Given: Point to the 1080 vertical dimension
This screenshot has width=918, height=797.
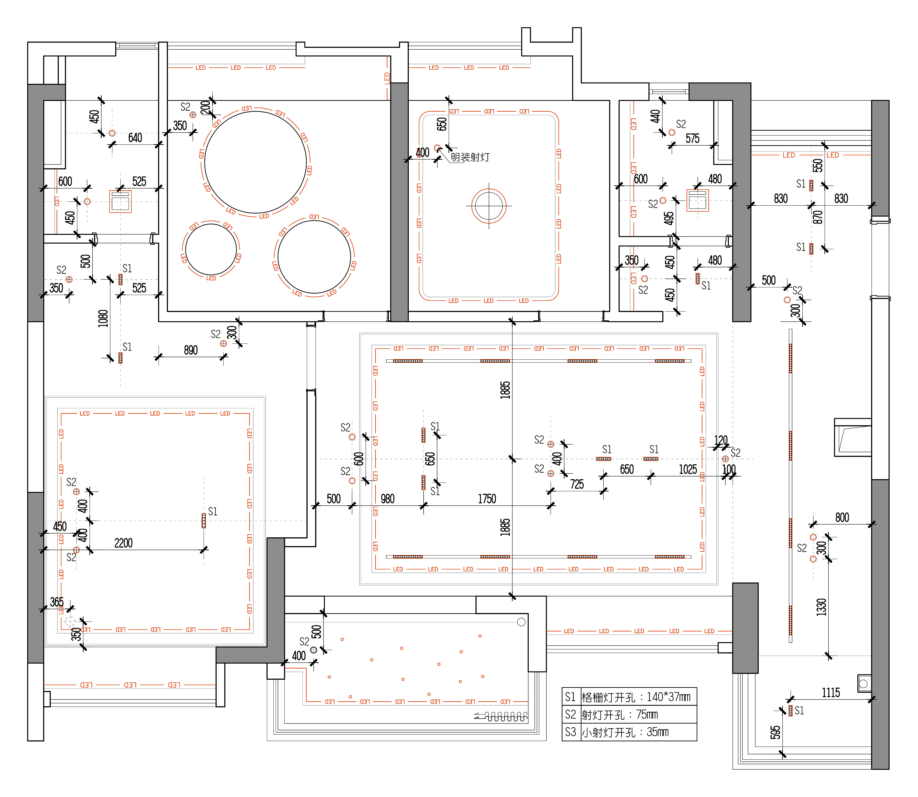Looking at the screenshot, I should [103, 319].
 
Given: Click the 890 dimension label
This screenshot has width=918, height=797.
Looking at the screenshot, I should [191, 350].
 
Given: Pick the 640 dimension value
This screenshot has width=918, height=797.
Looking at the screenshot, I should [135, 138].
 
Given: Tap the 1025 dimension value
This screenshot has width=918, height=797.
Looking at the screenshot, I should [688, 470].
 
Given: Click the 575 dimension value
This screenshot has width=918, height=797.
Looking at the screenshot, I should [692, 139].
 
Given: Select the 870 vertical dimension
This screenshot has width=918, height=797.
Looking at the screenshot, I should [817, 217].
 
